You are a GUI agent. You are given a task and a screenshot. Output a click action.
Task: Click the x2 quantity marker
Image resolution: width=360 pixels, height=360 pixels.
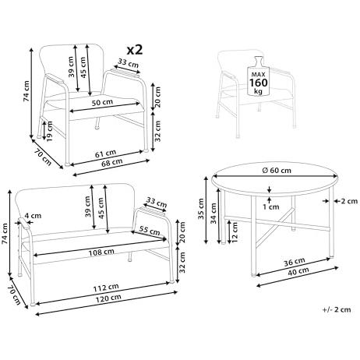pyautogui.click(x=135, y=50)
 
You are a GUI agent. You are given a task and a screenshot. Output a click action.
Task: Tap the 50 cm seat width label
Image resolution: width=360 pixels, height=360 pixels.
pyautogui.click(x=102, y=102)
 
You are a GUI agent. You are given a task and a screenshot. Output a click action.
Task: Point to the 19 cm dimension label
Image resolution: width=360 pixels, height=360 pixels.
pyautogui.click(x=49, y=131)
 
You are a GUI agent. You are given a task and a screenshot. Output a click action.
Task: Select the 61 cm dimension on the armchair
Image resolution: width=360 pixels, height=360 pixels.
pyautogui.click(x=105, y=154)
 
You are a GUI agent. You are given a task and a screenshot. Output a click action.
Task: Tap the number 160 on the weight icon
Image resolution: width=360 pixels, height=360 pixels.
pyautogui.click(x=258, y=83)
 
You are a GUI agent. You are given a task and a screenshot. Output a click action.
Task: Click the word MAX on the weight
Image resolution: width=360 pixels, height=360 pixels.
pyautogui.click(x=258, y=74)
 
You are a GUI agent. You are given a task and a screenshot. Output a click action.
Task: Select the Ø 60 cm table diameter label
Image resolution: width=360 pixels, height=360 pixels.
pyautogui.click(x=277, y=171)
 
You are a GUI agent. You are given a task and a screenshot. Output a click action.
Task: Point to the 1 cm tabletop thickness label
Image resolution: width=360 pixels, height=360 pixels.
pyautogui.click(x=270, y=206)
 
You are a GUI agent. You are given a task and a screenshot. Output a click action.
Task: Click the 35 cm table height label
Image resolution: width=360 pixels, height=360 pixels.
pyautogui.click(x=201, y=209)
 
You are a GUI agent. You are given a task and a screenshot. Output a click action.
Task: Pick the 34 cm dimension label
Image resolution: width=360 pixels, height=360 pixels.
pyautogui.click(x=213, y=213)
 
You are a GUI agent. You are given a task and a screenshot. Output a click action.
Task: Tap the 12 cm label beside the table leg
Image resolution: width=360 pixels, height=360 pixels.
pyautogui.click(x=235, y=232)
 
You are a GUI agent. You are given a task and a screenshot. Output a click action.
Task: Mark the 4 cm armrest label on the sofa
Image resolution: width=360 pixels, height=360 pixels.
pyautogui.click(x=33, y=216)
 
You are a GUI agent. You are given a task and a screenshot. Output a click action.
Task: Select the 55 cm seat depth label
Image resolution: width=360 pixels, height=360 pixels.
pyautogui.click(x=150, y=231)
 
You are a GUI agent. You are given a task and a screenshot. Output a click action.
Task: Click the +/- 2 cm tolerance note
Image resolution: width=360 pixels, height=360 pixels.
pyautogui.click(x=337, y=309)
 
